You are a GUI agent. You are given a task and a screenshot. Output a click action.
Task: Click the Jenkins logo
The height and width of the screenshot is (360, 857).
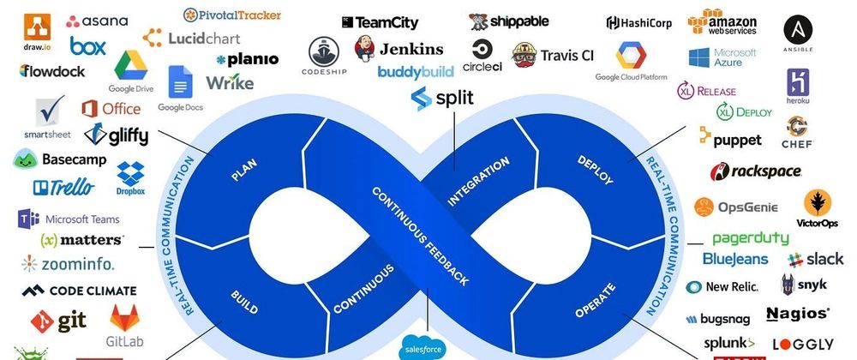tap(400, 48)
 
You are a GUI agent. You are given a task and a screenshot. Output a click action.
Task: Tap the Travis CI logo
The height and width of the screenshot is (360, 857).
tap(553, 56)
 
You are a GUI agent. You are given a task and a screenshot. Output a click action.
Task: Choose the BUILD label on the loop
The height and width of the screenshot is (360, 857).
tap(243, 302)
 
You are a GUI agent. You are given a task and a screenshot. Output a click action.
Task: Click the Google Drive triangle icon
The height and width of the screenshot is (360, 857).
tap(131, 66)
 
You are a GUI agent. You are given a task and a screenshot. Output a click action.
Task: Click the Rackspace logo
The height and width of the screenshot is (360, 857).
tap(755, 171)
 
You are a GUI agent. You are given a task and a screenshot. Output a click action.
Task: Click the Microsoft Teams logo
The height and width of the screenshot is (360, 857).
tap(68, 219)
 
